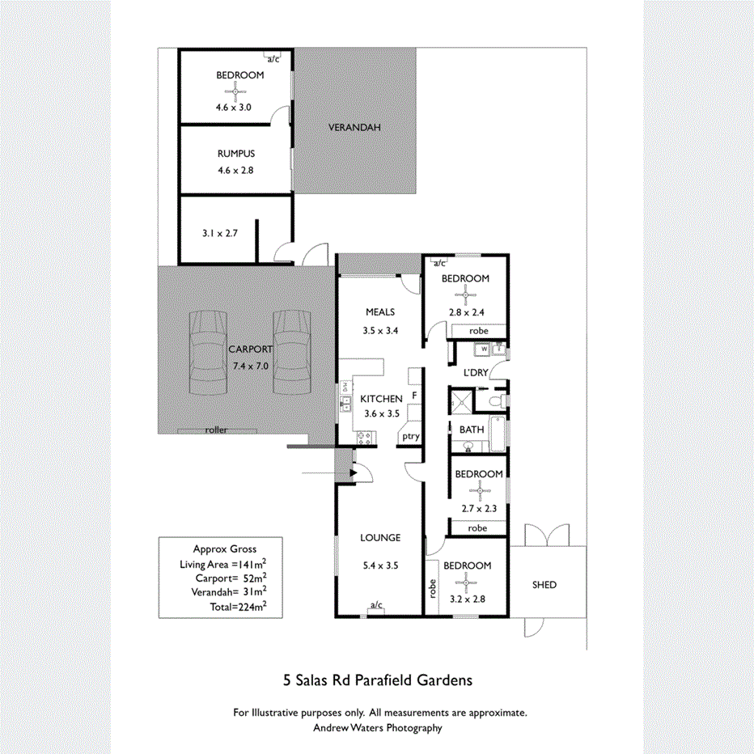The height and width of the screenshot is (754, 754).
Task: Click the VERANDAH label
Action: pos(354,128)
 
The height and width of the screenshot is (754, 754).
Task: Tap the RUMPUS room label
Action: pos(235,154)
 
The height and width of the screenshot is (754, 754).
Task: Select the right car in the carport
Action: pos(292,352)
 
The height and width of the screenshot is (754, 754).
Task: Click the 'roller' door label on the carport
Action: pos(216,430)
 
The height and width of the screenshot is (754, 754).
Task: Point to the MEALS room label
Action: pos(379,311)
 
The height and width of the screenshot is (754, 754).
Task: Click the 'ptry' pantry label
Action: pos(411,437)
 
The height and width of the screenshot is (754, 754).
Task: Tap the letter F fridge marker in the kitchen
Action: pos(414,396)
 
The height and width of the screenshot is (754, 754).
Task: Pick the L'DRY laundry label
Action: pos(475,373)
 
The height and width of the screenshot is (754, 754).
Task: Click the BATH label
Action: pos(471,430)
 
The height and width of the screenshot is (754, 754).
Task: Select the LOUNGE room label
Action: pos(380,538)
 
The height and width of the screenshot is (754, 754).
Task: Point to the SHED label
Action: pos(544,584)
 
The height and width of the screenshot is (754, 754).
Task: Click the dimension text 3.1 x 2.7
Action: pos(219,233)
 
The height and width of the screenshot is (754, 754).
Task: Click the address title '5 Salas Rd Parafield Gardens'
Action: pos(377,680)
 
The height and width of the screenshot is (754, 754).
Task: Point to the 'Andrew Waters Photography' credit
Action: pos(378,728)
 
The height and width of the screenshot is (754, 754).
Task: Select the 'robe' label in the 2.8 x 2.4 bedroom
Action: pos(477,331)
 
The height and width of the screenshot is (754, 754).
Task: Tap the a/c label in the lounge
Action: pos(375,605)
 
